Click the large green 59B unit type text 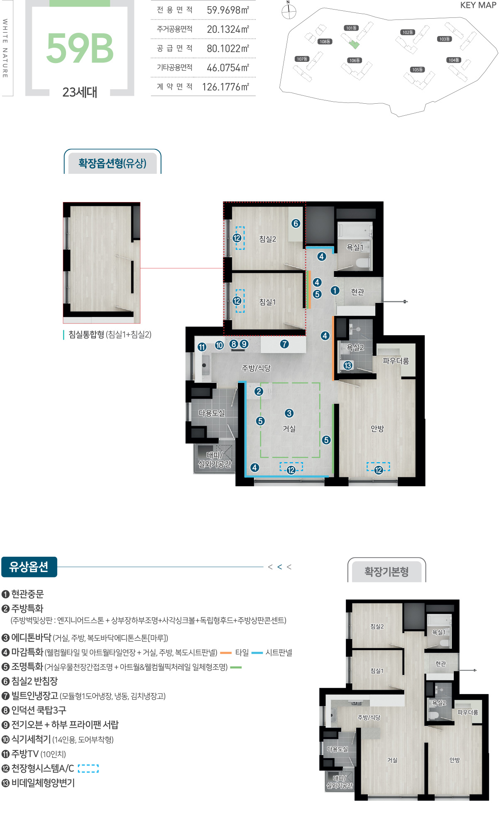point(80,49)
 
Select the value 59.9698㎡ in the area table point(227,10)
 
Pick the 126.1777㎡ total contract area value point(225,87)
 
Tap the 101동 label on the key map point(351,28)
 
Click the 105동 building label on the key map point(417,70)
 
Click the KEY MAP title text point(478,5)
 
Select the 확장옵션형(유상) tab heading point(112,163)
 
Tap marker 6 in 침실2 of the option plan point(296,224)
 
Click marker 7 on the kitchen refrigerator point(284,344)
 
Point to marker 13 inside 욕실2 point(348,365)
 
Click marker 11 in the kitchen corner point(202,347)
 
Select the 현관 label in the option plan point(357,292)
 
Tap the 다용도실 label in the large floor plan point(212,413)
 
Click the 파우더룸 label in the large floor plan point(396,361)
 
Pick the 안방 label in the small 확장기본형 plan point(455,760)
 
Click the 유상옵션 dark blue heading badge point(29,567)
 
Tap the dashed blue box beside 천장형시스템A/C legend point(88,768)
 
